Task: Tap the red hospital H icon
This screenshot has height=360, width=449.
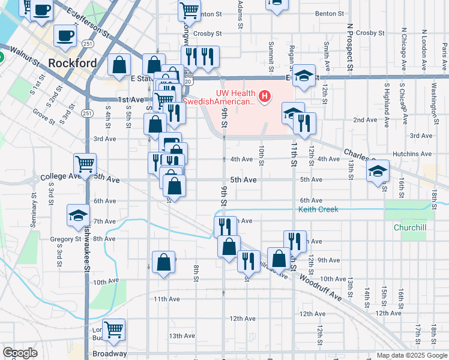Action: click(265, 96)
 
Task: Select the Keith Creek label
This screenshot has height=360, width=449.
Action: click(319, 209)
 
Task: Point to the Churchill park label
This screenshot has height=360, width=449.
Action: click(410, 228)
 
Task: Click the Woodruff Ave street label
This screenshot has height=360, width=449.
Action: click(321, 288)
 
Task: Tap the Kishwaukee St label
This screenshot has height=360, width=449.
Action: click(87, 252)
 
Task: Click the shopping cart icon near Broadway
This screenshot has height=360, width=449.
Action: click(113, 329)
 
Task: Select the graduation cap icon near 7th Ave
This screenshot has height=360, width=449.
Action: click(78, 215)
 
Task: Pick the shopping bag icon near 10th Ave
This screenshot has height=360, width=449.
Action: click(163, 262)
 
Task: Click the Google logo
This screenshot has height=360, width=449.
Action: click(20, 353)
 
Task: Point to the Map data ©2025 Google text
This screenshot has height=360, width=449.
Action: click(412, 355)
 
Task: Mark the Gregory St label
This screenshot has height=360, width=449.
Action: click(65, 239)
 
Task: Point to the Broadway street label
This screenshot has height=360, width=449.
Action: click(110, 353)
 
